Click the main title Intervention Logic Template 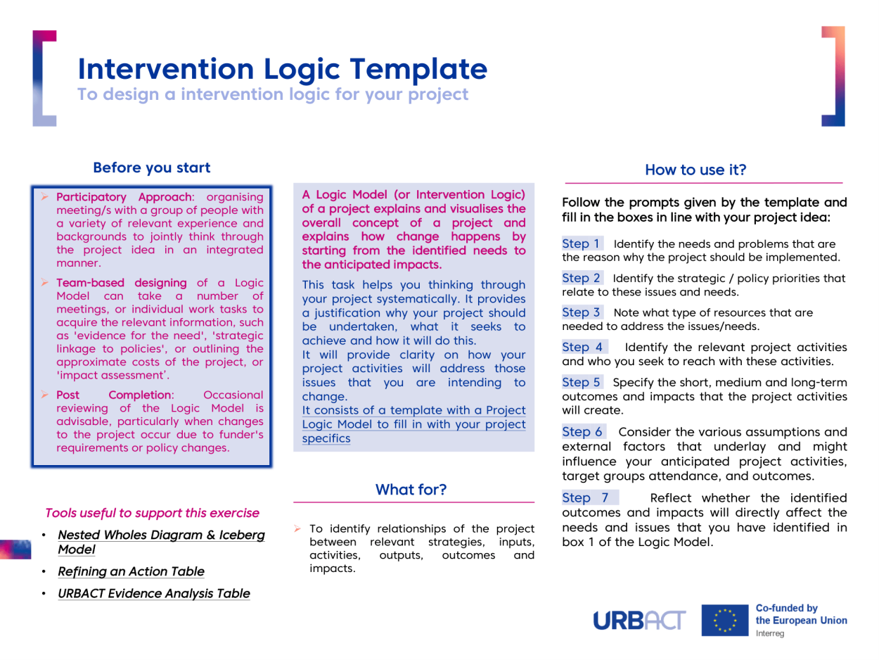coord(282,68)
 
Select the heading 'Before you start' coord(152,168)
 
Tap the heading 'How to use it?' coord(695,170)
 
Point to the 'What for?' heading coord(411,488)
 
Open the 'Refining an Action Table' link coord(131,571)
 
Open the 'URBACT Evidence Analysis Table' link coord(153,594)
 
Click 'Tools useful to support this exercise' coord(152,513)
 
